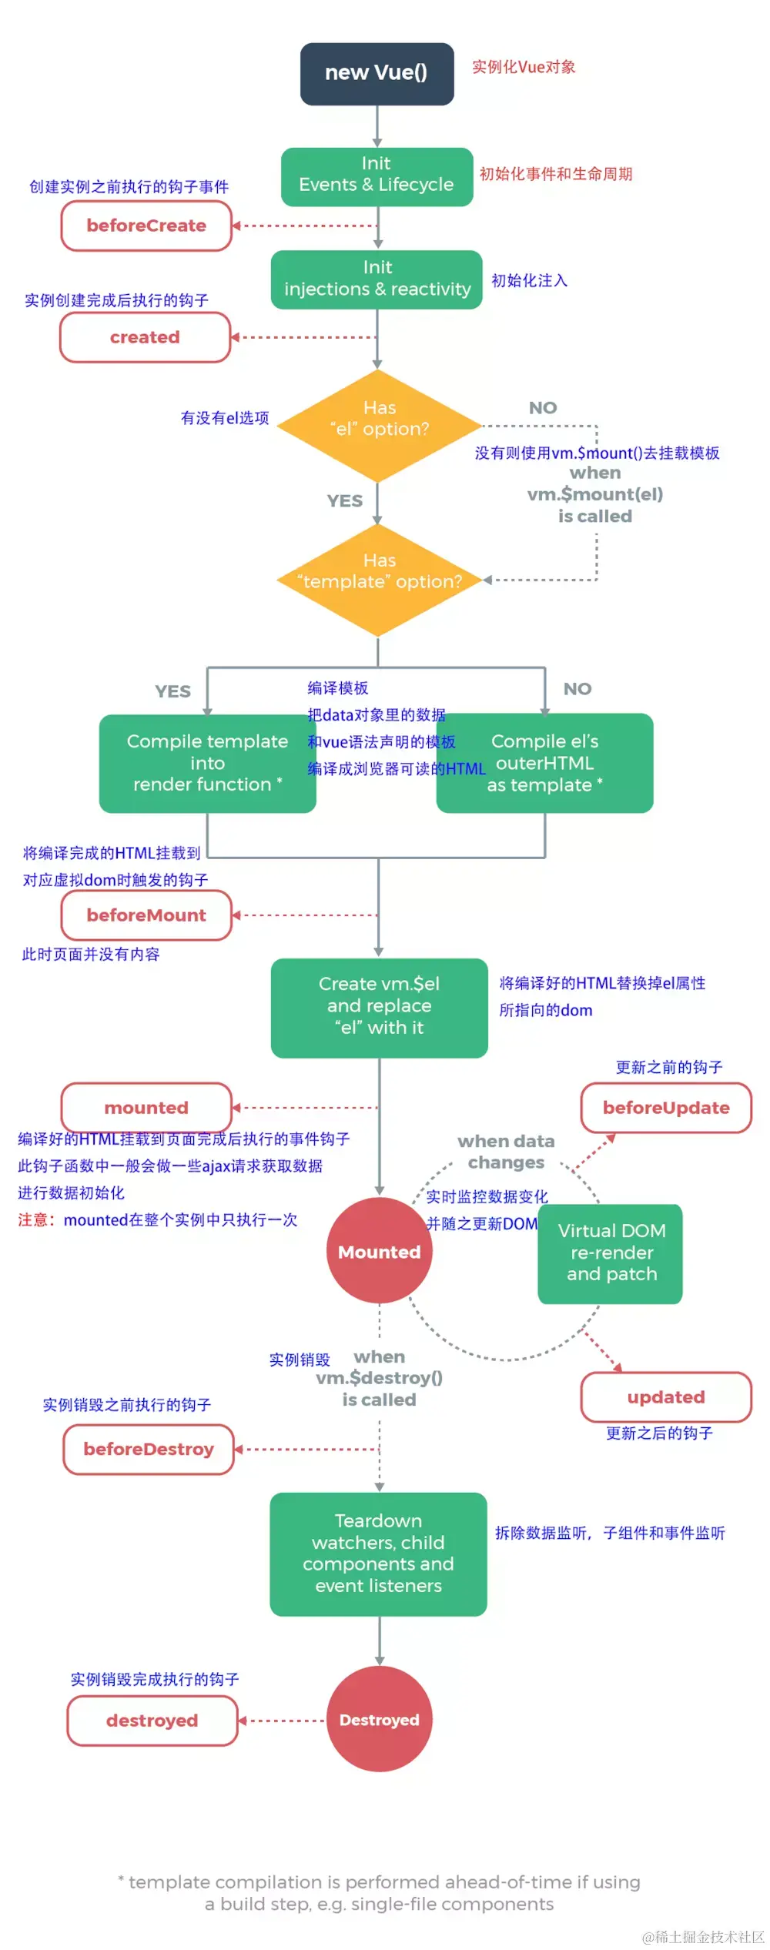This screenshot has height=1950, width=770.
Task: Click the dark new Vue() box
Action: [x=377, y=73]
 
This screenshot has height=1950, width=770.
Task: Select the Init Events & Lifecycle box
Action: [x=377, y=176]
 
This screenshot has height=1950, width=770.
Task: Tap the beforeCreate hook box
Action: [x=146, y=226]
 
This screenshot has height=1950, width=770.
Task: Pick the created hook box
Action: [x=145, y=337]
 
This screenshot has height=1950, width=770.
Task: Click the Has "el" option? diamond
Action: [x=379, y=425]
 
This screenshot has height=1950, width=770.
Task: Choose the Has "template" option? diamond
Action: [x=379, y=579]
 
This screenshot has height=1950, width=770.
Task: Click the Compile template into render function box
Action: [x=207, y=763]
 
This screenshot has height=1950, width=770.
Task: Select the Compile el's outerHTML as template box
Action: [x=545, y=763]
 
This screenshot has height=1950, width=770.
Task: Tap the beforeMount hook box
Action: [x=146, y=915]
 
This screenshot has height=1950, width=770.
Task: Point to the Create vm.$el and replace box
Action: [x=379, y=1007]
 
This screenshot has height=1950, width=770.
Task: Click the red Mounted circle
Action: [x=379, y=1251]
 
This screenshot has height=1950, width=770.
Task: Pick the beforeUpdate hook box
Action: [x=666, y=1107]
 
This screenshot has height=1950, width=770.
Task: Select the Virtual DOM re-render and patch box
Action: [x=611, y=1253]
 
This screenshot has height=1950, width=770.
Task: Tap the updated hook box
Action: [x=666, y=1396]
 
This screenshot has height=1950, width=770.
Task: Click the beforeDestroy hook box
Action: [x=149, y=1449]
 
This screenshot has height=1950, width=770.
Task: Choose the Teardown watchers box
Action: [x=378, y=1554]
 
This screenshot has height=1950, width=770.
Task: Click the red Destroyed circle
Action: [x=379, y=1719]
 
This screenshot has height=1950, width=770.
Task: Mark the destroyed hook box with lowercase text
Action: [x=152, y=1720]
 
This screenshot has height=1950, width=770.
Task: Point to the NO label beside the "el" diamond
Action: [x=543, y=408]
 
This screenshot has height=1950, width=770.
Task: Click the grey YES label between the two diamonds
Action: [x=344, y=501]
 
